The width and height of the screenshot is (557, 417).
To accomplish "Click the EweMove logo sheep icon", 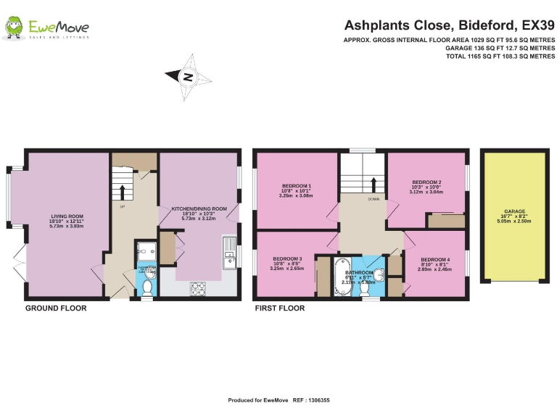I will coord(14,28).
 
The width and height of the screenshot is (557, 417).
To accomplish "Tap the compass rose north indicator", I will coord(188,75).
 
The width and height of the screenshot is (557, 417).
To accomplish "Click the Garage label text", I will coord(515,211).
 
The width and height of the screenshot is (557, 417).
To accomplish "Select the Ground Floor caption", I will coord(56,308).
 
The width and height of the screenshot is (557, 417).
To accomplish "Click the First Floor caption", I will coord(280,308).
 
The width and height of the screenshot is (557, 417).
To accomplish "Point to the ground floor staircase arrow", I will coord(122,192).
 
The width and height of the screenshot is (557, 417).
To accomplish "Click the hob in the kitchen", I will coord(199,288).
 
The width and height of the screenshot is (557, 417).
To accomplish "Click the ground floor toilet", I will coord(147,287).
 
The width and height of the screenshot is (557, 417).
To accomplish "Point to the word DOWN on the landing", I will coord(374,198).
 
